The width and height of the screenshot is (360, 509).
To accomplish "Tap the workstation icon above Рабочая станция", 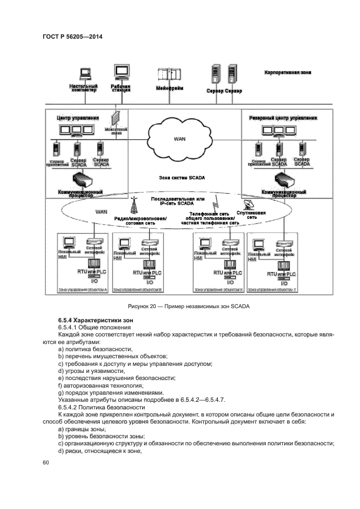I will (x=121, y=72).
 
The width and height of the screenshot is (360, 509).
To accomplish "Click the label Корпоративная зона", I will (x=288, y=72).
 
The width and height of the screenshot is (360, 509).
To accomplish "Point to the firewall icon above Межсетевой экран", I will (x=115, y=119).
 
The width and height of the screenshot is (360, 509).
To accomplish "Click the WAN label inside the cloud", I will (x=180, y=139).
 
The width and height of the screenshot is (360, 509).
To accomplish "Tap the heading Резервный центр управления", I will (x=283, y=118).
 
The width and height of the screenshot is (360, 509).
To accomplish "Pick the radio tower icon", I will (x=133, y=205).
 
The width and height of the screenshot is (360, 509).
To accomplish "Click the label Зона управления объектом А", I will (x=83, y=290).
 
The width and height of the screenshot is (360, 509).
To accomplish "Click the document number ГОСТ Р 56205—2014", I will (x=72, y=36).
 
